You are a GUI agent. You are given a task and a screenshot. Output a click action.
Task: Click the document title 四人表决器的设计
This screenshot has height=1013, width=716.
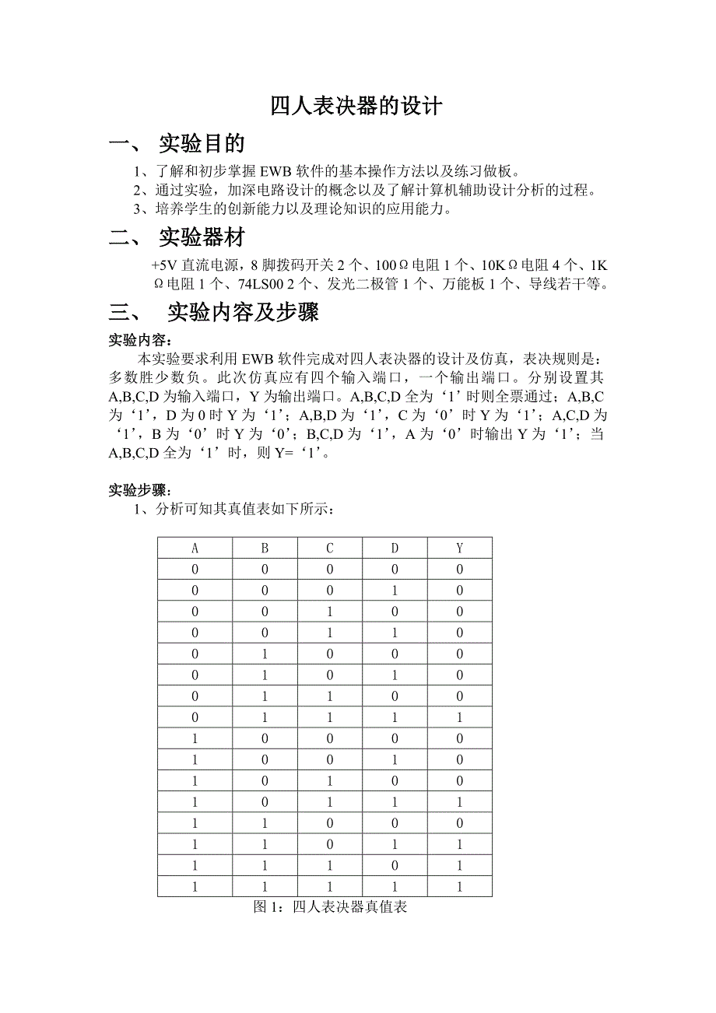click(356, 106)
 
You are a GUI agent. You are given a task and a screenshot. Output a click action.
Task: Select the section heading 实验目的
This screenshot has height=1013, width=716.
click(202, 143)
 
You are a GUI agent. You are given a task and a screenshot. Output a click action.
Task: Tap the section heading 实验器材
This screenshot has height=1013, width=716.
click(202, 237)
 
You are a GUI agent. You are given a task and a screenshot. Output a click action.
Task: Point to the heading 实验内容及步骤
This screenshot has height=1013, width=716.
click(243, 313)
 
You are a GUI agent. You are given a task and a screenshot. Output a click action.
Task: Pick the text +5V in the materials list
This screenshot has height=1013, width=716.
click(163, 265)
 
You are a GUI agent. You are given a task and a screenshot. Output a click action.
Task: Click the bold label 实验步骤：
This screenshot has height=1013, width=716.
click(140, 491)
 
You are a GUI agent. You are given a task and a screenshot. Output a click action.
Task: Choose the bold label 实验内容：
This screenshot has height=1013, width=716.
click(140, 340)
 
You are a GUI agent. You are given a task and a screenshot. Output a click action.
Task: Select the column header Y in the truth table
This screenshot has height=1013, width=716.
click(460, 548)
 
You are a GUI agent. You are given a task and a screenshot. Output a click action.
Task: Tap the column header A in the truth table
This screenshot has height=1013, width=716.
click(195, 548)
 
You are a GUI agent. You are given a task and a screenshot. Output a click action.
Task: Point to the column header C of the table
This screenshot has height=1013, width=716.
click(330, 548)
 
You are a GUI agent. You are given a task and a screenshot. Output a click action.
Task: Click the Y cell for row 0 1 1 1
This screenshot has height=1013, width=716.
click(460, 696)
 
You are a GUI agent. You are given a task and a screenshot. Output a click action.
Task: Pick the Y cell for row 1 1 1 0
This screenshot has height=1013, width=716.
click(460, 864)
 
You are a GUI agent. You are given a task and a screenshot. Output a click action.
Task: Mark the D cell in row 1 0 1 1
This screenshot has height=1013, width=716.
click(395, 801)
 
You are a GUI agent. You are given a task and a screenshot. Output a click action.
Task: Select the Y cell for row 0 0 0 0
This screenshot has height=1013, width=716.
click(460, 569)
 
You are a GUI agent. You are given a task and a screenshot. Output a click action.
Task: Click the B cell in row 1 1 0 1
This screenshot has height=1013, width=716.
click(265, 843)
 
